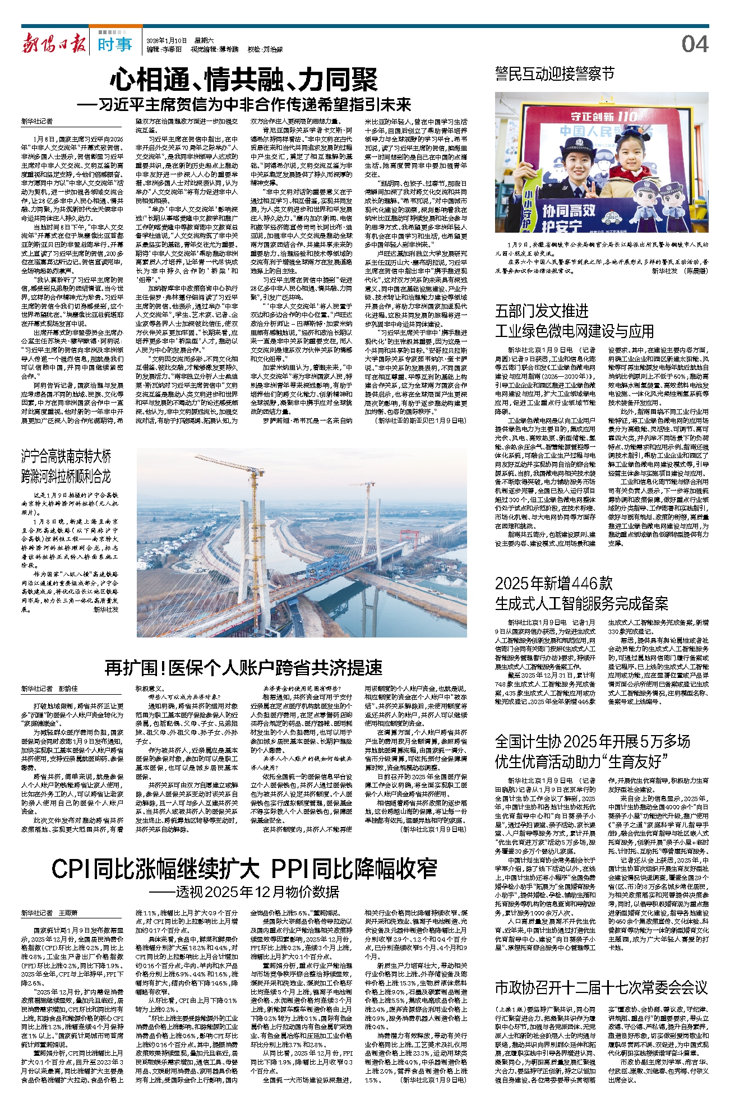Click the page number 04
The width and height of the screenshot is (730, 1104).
click(x=695, y=44)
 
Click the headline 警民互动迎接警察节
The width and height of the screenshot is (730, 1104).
click(x=555, y=73)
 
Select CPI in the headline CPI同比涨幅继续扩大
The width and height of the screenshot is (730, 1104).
click(x=72, y=869)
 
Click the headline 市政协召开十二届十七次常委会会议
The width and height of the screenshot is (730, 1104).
click(x=601, y=987)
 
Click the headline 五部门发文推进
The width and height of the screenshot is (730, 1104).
click(x=542, y=311)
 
